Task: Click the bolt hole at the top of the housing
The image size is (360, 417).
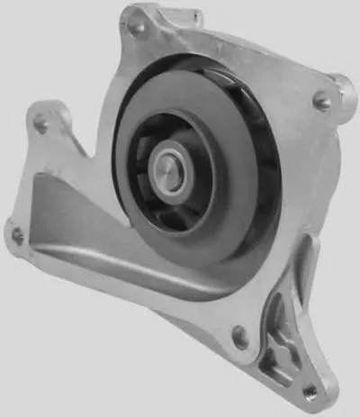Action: pyautogui.click(x=138, y=27)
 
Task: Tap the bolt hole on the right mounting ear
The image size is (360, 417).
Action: pyautogui.click(x=321, y=103)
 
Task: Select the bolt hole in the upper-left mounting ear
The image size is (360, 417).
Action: pyautogui.click(x=40, y=124)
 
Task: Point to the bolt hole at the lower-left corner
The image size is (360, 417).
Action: pyautogui.click(x=16, y=236)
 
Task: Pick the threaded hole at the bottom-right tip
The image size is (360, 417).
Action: pyautogui.click(x=310, y=390)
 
